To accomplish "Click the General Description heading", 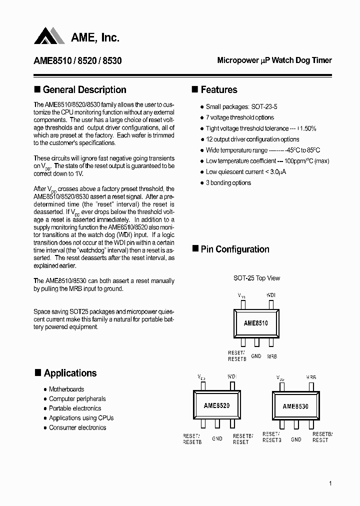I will pos(84,90).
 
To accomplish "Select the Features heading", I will pos(218,90).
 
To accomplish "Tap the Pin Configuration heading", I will pos(234,249).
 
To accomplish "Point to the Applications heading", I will pos(70,373).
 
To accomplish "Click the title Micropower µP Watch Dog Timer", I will pos(274,60).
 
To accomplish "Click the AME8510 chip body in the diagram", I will pos(256,323).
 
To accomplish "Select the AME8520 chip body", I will pos(217,406).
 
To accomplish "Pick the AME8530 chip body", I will pos(295,406).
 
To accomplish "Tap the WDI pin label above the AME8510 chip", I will pos(270,295).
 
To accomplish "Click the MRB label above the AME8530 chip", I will pos(311,376).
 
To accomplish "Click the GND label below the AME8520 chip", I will pos(217,438).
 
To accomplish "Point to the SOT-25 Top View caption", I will pos(256,278).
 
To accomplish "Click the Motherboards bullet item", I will pos(66,389).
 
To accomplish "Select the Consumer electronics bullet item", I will pos(77,428).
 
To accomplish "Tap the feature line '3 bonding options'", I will pos(228,183).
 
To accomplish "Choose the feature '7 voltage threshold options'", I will pos(239,118).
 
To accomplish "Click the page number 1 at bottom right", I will pos(330,483).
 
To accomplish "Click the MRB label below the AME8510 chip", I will pos(271,356).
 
